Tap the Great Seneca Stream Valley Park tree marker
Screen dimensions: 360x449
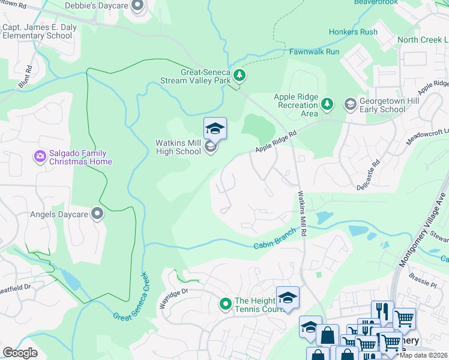(x=240, y=76)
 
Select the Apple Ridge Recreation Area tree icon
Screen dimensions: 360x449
(x=327, y=105)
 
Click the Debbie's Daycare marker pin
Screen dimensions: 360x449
(x=137, y=7)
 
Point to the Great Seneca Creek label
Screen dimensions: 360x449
(x=130, y=297)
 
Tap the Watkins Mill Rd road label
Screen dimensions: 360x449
(x=302, y=213)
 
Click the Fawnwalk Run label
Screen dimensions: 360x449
(x=314, y=52)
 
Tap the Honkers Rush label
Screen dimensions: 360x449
(x=353, y=32)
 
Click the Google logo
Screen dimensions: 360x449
(x=20, y=352)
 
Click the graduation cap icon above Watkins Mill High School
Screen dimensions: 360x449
(x=215, y=128)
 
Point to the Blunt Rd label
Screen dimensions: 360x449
(x=25, y=79)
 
